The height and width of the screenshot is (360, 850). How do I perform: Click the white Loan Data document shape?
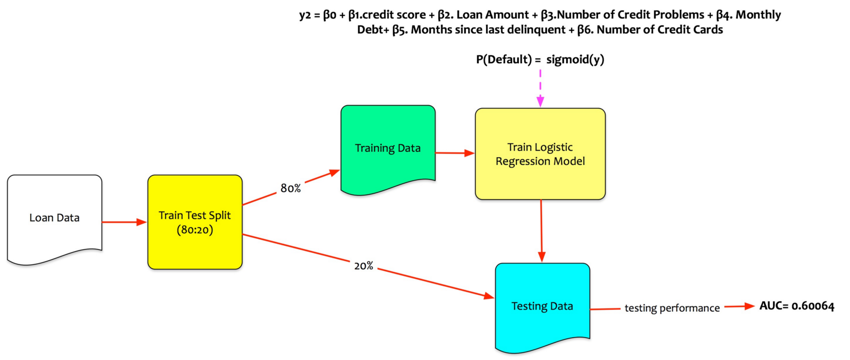point(54,218)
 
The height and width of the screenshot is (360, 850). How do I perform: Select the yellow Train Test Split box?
point(194,222)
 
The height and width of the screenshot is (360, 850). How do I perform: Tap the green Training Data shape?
point(387,148)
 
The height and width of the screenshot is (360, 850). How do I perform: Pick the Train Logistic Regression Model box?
point(540,154)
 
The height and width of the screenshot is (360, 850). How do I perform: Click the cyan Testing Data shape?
point(542,306)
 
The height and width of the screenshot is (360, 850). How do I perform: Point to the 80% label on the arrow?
point(291,188)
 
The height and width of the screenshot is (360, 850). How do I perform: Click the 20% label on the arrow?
point(364,265)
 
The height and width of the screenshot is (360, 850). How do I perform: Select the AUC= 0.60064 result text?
point(796,306)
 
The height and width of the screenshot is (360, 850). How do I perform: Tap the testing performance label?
point(672,308)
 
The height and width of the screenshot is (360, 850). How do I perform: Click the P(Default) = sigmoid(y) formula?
point(540,59)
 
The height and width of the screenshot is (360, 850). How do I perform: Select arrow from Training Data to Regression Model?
point(455,153)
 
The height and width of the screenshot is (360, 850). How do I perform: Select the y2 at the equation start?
point(304,15)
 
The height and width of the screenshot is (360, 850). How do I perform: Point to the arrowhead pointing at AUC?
point(749,306)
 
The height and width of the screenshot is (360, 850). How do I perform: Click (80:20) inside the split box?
point(194,230)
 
